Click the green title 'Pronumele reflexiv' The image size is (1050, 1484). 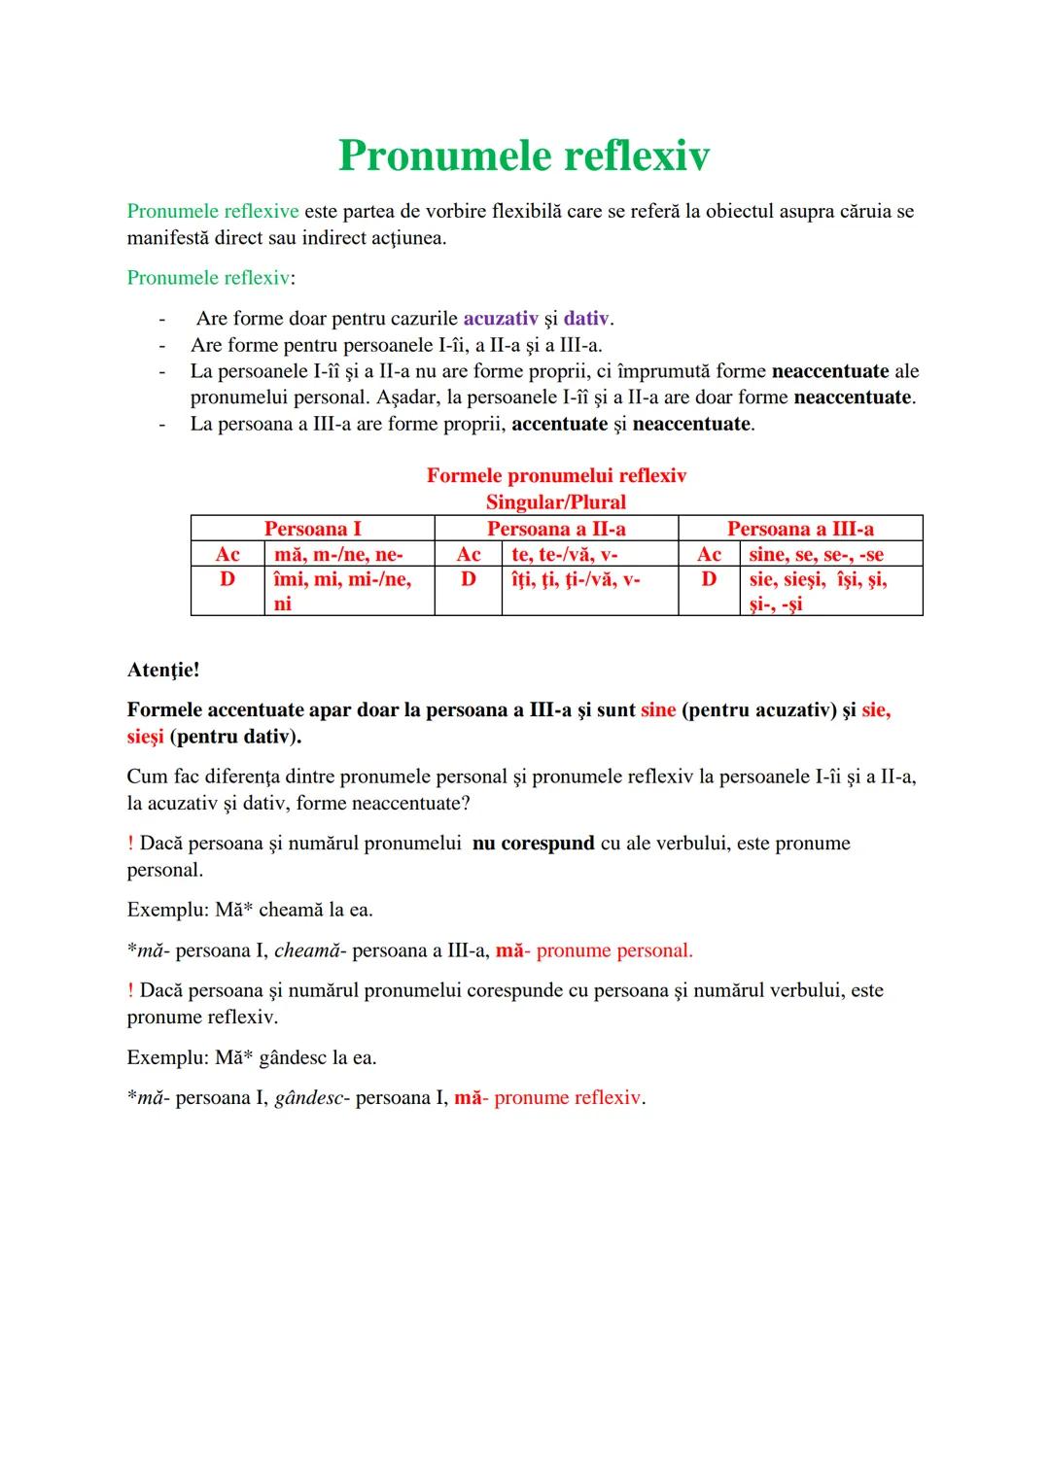524,155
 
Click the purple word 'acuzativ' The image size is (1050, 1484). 501,319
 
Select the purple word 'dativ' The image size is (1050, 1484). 587,319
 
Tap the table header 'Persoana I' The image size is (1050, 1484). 312,529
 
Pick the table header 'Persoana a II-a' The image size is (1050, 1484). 556,529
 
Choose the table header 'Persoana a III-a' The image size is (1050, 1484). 800,529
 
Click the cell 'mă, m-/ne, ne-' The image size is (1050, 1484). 338,554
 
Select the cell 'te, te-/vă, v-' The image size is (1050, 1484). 565,554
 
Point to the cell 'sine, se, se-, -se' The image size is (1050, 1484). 817,554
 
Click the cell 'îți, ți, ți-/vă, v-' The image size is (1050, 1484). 576,579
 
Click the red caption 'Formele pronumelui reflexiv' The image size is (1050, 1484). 556,476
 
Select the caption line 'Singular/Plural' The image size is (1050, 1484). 556,502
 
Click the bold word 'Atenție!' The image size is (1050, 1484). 163,670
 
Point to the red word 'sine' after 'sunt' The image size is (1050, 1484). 658,710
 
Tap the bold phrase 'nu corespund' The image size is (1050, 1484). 534,844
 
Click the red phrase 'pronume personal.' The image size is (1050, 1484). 614,950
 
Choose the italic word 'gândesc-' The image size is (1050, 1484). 311,1098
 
